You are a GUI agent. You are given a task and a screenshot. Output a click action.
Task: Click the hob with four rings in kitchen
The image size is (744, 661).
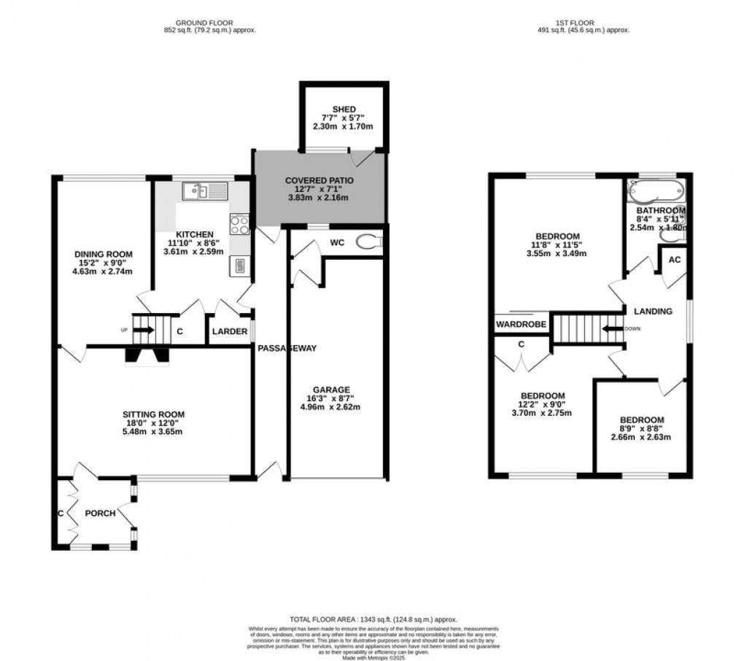click(239, 224)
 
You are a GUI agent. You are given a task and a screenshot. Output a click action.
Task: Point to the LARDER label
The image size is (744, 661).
click(230, 332)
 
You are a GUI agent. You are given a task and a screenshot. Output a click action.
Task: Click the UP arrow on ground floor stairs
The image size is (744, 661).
click(144, 330)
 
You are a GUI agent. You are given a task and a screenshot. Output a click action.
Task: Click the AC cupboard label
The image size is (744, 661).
click(675, 260)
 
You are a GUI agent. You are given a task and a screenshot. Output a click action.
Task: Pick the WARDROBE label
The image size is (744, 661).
click(522, 323)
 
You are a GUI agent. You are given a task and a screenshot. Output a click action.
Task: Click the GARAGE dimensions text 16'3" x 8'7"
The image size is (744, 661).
click(333, 398)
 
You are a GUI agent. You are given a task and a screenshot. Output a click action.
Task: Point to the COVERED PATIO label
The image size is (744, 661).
click(319, 180)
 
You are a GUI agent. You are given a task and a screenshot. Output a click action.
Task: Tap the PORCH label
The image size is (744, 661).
click(100, 513)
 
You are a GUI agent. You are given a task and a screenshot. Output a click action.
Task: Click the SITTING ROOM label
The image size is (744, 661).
click(152, 414)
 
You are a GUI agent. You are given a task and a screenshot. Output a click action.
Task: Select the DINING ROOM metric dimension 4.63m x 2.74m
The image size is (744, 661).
click(102, 271)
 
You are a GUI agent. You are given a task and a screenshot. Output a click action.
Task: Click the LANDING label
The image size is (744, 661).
click(653, 312)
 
